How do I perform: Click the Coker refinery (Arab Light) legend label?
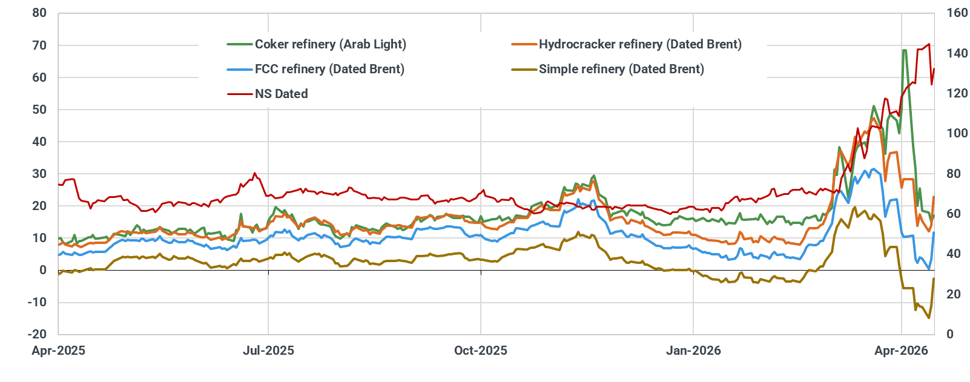pos(330,44)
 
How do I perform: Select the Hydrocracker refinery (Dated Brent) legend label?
pos(640,44)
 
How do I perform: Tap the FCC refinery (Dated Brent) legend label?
pos(329,69)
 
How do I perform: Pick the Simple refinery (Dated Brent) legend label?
pos(621,69)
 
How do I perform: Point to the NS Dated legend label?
pos(281,94)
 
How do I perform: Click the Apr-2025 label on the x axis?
pos(59,351)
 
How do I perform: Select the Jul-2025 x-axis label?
pos(268,351)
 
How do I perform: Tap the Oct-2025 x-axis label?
pos(481,351)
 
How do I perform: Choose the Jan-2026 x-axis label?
pos(693,351)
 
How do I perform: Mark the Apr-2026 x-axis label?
pos(902,351)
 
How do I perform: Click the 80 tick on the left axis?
pos(39,13)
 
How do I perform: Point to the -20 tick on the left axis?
pos(37,334)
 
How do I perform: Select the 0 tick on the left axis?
pos(42,270)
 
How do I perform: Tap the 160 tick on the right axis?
pos(957,13)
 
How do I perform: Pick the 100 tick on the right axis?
pos(957,134)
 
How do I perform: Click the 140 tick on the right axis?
pos(957,53)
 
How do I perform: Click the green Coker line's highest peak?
pos(904,50)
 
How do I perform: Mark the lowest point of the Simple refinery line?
pos(929,318)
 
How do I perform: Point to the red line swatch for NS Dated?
pos(240,94)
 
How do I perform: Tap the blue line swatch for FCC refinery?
pos(240,69)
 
